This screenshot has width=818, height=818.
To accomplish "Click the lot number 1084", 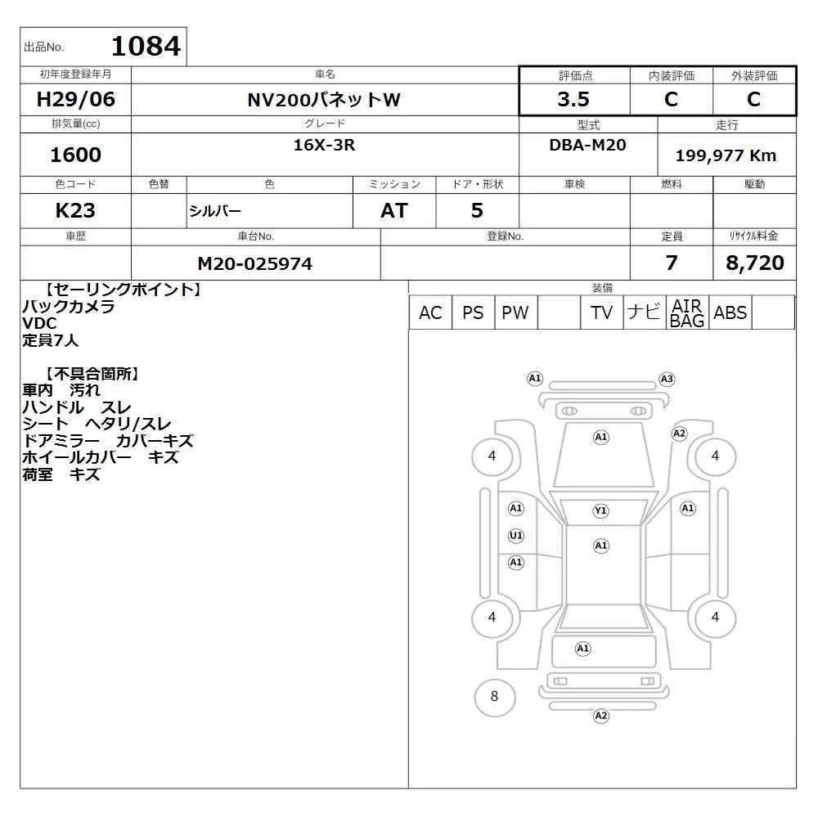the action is click(x=146, y=46).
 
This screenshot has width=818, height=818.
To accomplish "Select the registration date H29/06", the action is click(x=75, y=99).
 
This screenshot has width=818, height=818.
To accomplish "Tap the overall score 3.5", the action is click(x=573, y=99).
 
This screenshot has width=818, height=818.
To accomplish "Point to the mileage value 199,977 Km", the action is click(x=726, y=155).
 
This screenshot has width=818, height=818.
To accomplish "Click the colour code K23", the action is click(x=75, y=211).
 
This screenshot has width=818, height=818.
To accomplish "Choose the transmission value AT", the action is click(x=394, y=211).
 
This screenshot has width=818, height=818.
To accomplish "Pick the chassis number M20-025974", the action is click(x=255, y=264).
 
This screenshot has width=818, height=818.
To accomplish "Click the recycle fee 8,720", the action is click(x=755, y=263).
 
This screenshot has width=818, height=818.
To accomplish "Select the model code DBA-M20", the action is click(x=588, y=145).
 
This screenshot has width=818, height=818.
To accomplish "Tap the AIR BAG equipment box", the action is click(x=687, y=312).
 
